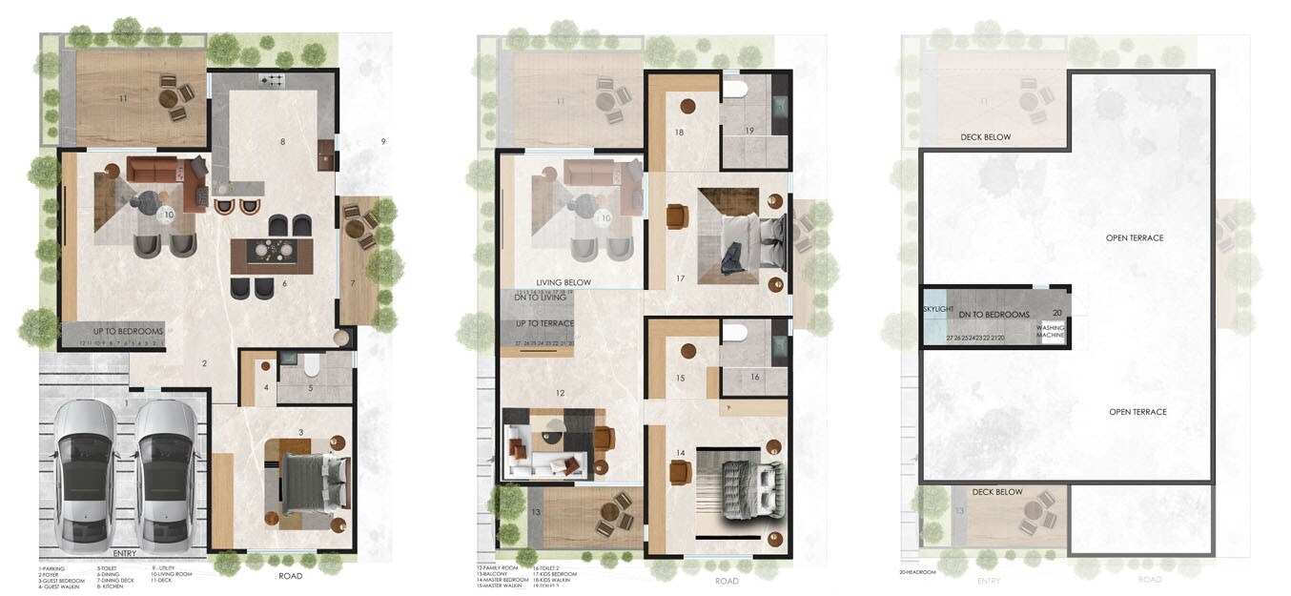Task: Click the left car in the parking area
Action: [x=84, y=475]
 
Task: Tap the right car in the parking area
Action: [x=168, y=475]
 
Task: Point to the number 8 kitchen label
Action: [x=282, y=142]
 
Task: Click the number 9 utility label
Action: [x=383, y=142]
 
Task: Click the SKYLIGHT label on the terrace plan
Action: [x=937, y=310]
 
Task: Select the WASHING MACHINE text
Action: [x=1051, y=330]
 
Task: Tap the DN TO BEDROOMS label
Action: [x=994, y=315]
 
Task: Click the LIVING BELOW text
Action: [x=564, y=282]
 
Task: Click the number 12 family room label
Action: [x=561, y=393]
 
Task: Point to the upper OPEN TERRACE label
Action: [x=1135, y=237]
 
